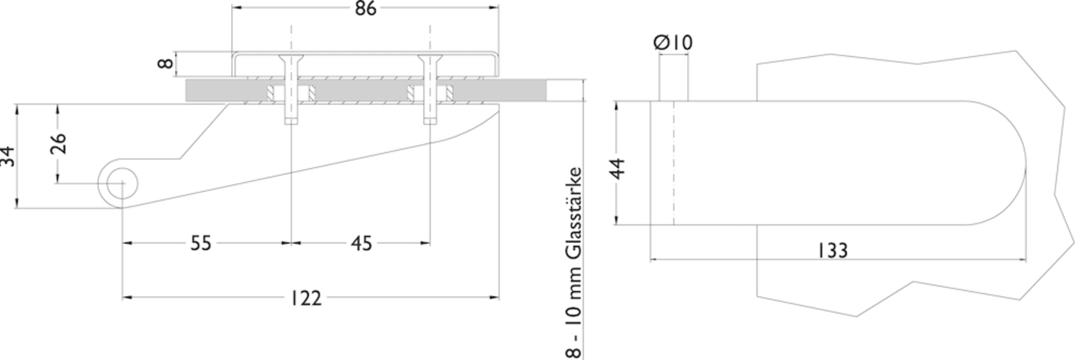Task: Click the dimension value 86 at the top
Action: pyautogui.click(x=365, y=9)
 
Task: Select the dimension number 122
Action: pyautogui.click(x=306, y=298)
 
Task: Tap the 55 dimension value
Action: pyautogui.click(x=200, y=243)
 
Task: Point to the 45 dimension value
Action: pyautogui.click(x=362, y=243)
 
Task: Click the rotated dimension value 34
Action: pyautogui.click(x=8, y=157)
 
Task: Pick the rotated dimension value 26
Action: pyautogui.click(x=58, y=143)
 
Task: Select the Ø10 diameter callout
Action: pyautogui.click(x=674, y=42)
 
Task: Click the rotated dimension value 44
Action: pyautogui.click(x=619, y=168)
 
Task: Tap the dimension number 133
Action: pyautogui.click(x=833, y=250)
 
